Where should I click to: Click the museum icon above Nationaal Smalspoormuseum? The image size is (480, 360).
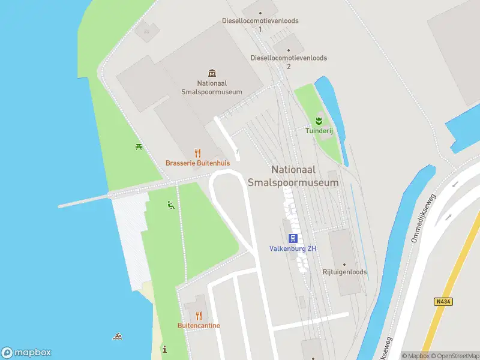click(211, 73)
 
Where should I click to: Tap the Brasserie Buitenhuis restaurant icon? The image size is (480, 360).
click(198, 153)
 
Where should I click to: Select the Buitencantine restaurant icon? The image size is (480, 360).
click(199, 316)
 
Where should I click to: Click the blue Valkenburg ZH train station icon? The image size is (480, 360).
click(293, 238)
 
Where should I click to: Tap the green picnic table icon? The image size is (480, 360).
click(139, 146)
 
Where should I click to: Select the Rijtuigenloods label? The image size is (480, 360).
click(344, 272)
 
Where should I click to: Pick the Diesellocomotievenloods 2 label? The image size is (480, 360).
click(289, 62)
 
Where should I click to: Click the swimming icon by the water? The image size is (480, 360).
click(117, 336)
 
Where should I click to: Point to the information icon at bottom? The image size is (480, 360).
click(164, 349)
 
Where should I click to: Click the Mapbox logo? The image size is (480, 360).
click(26, 353)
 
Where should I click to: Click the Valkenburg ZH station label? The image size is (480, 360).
click(293, 249)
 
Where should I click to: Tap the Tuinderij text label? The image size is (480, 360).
click(319, 130)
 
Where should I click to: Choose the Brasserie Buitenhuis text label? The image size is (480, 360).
click(198, 163)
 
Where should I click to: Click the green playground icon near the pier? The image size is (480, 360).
click(171, 205)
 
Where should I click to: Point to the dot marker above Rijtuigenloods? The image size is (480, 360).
click(344, 264)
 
